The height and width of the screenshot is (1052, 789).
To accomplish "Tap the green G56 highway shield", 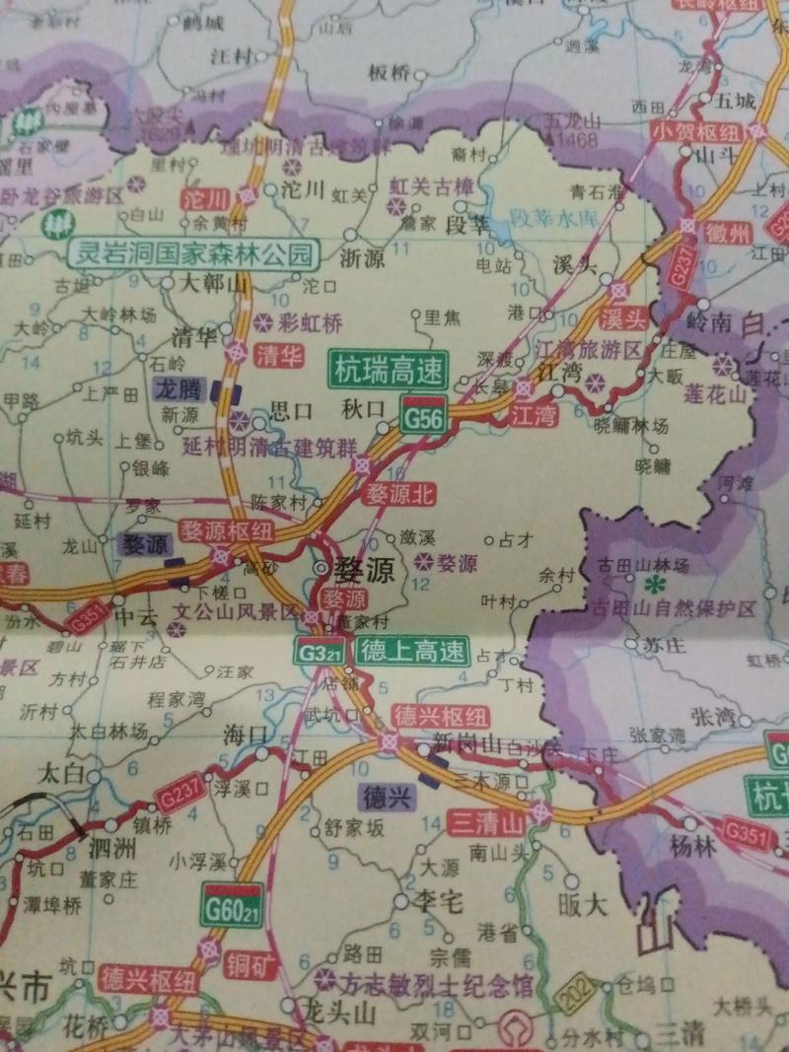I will point(424,415).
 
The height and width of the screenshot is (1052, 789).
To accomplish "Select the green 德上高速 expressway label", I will point(411,652).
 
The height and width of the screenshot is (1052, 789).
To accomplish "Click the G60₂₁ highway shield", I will point(231,906).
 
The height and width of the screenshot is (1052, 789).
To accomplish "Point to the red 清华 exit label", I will point(278,356).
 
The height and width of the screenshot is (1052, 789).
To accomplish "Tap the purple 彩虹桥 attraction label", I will point(310,321).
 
